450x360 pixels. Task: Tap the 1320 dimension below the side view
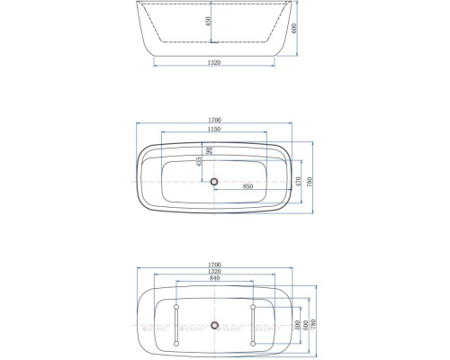point(215,64)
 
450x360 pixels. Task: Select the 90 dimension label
point(209,151)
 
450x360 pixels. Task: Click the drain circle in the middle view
point(215,182)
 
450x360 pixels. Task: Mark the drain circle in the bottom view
point(215,325)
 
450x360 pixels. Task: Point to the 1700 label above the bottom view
point(215,265)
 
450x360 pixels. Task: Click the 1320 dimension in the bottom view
point(215,272)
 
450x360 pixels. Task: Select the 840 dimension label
point(215,280)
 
